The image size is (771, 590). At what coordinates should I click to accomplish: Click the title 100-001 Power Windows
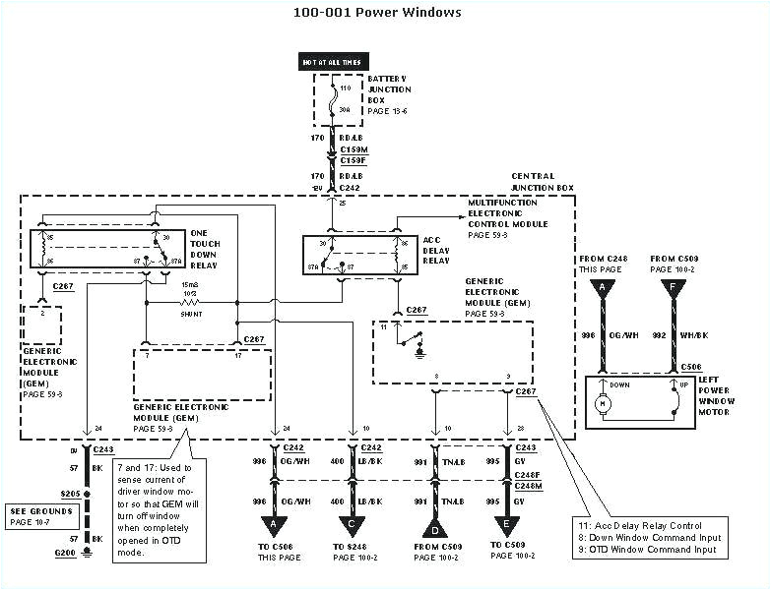[377, 13]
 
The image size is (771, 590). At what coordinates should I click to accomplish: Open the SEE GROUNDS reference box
[40, 515]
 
